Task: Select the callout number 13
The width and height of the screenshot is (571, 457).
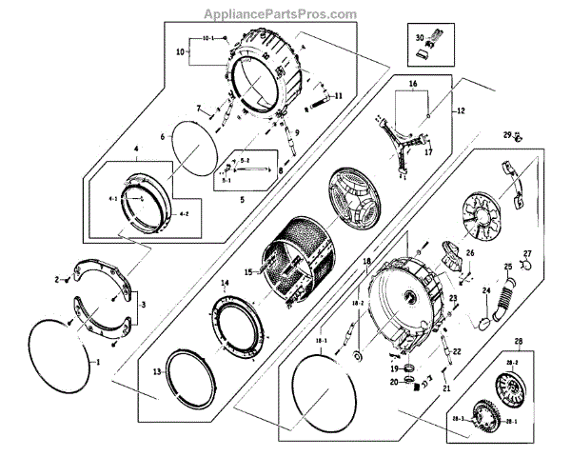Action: [157, 370]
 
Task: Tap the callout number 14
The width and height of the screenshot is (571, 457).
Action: [225, 284]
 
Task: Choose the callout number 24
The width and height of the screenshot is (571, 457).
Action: [485, 290]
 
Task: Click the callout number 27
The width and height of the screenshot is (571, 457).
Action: [527, 253]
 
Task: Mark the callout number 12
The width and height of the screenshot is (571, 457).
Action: [461, 111]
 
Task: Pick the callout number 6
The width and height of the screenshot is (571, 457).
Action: [162, 137]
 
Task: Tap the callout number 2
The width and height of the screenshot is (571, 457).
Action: [57, 279]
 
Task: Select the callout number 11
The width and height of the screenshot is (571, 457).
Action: [337, 96]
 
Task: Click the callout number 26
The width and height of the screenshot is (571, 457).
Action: [469, 253]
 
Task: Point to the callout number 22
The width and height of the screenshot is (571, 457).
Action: [457, 352]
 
